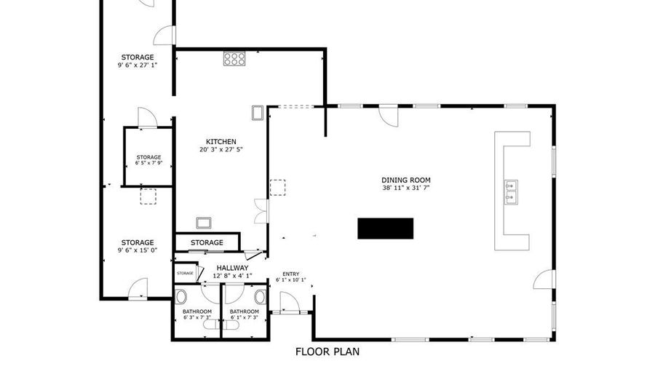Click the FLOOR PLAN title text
327,352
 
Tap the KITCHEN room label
221,142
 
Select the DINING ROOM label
406,180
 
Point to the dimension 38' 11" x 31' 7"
406,188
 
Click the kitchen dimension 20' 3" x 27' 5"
221,150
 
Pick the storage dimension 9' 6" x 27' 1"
138,65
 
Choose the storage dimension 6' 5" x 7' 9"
148,163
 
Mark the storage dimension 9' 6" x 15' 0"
138,250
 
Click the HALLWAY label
233,268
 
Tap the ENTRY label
290,274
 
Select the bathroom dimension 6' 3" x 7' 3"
196,317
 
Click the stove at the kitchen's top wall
234,58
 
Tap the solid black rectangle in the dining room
385,228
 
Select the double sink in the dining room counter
511,190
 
